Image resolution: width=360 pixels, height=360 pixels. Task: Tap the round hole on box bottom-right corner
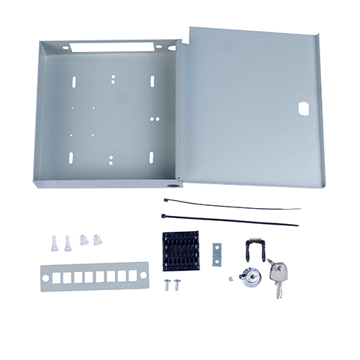click(171, 184)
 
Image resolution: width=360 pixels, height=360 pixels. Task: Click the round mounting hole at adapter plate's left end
click(47, 277)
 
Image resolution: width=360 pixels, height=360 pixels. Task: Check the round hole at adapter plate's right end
click(143, 277)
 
